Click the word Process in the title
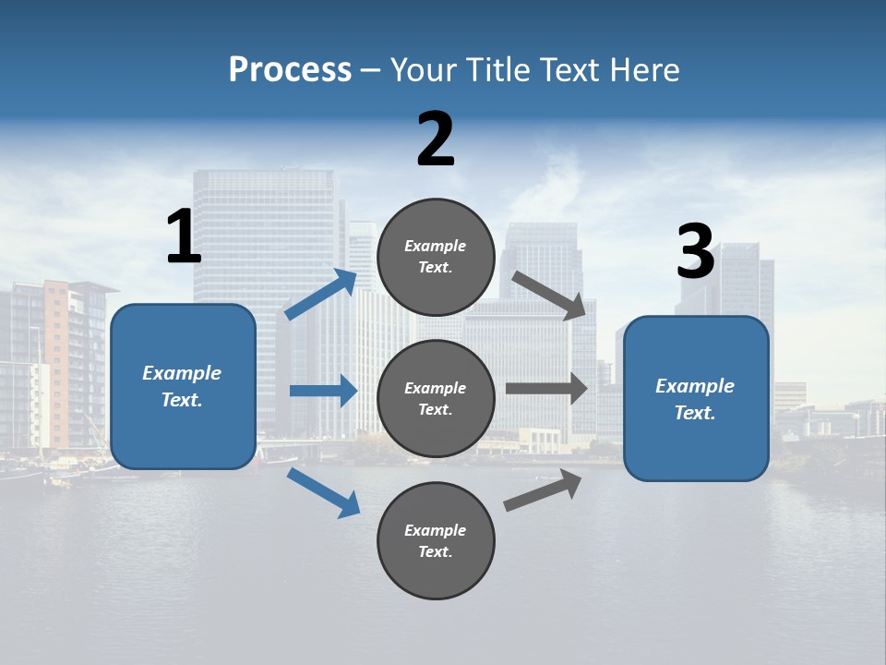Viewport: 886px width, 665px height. [290, 70]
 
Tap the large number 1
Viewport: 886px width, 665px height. [184, 237]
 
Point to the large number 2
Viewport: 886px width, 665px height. [436, 139]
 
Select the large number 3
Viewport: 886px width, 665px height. [695, 252]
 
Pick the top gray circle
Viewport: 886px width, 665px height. [437, 257]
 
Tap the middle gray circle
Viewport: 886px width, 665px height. [437, 398]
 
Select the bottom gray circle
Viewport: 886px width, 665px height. [437, 540]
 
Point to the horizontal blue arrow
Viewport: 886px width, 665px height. [324, 391]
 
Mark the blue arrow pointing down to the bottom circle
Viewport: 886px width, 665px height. [324, 492]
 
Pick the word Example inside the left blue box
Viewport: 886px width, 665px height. [182, 373]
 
